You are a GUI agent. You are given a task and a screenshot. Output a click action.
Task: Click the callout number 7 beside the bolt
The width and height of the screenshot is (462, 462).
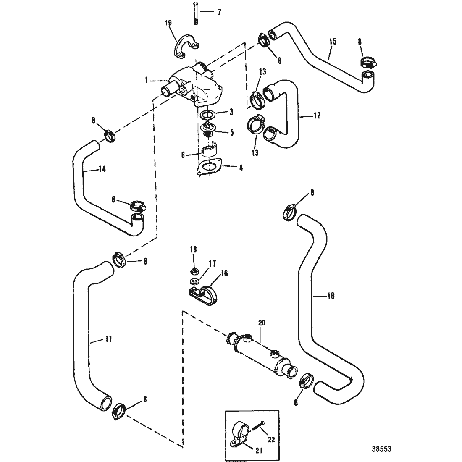pyautogui.click(x=219, y=12)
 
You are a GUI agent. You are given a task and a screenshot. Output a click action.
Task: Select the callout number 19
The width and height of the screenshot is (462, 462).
pyautogui.click(x=168, y=23)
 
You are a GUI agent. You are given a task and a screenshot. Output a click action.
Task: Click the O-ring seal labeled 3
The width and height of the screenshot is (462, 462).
pyautogui.click(x=209, y=114)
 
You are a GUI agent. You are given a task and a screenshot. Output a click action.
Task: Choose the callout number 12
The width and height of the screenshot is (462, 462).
pyautogui.click(x=317, y=116)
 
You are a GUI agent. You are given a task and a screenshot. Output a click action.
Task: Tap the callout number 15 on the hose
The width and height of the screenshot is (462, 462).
pyautogui.click(x=333, y=42)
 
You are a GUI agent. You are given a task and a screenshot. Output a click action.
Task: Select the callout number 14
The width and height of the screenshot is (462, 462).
pyautogui.click(x=102, y=169)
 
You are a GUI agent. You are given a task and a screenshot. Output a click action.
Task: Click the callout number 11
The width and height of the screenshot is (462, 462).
pyautogui.click(x=108, y=339)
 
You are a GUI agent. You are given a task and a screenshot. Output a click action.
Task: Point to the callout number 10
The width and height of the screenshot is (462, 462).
pyautogui.click(x=331, y=296)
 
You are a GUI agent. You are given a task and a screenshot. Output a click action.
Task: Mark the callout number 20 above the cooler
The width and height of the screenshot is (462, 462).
pyautogui.click(x=262, y=323)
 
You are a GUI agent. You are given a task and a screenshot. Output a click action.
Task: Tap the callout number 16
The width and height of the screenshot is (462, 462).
pyautogui.click(x=224, y=274)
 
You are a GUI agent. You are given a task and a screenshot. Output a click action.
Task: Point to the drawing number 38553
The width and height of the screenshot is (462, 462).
pyautogui.click(x=381, y=449)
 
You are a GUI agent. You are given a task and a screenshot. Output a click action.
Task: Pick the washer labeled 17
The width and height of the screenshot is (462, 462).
pyautogui.click(x=193, y=281)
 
